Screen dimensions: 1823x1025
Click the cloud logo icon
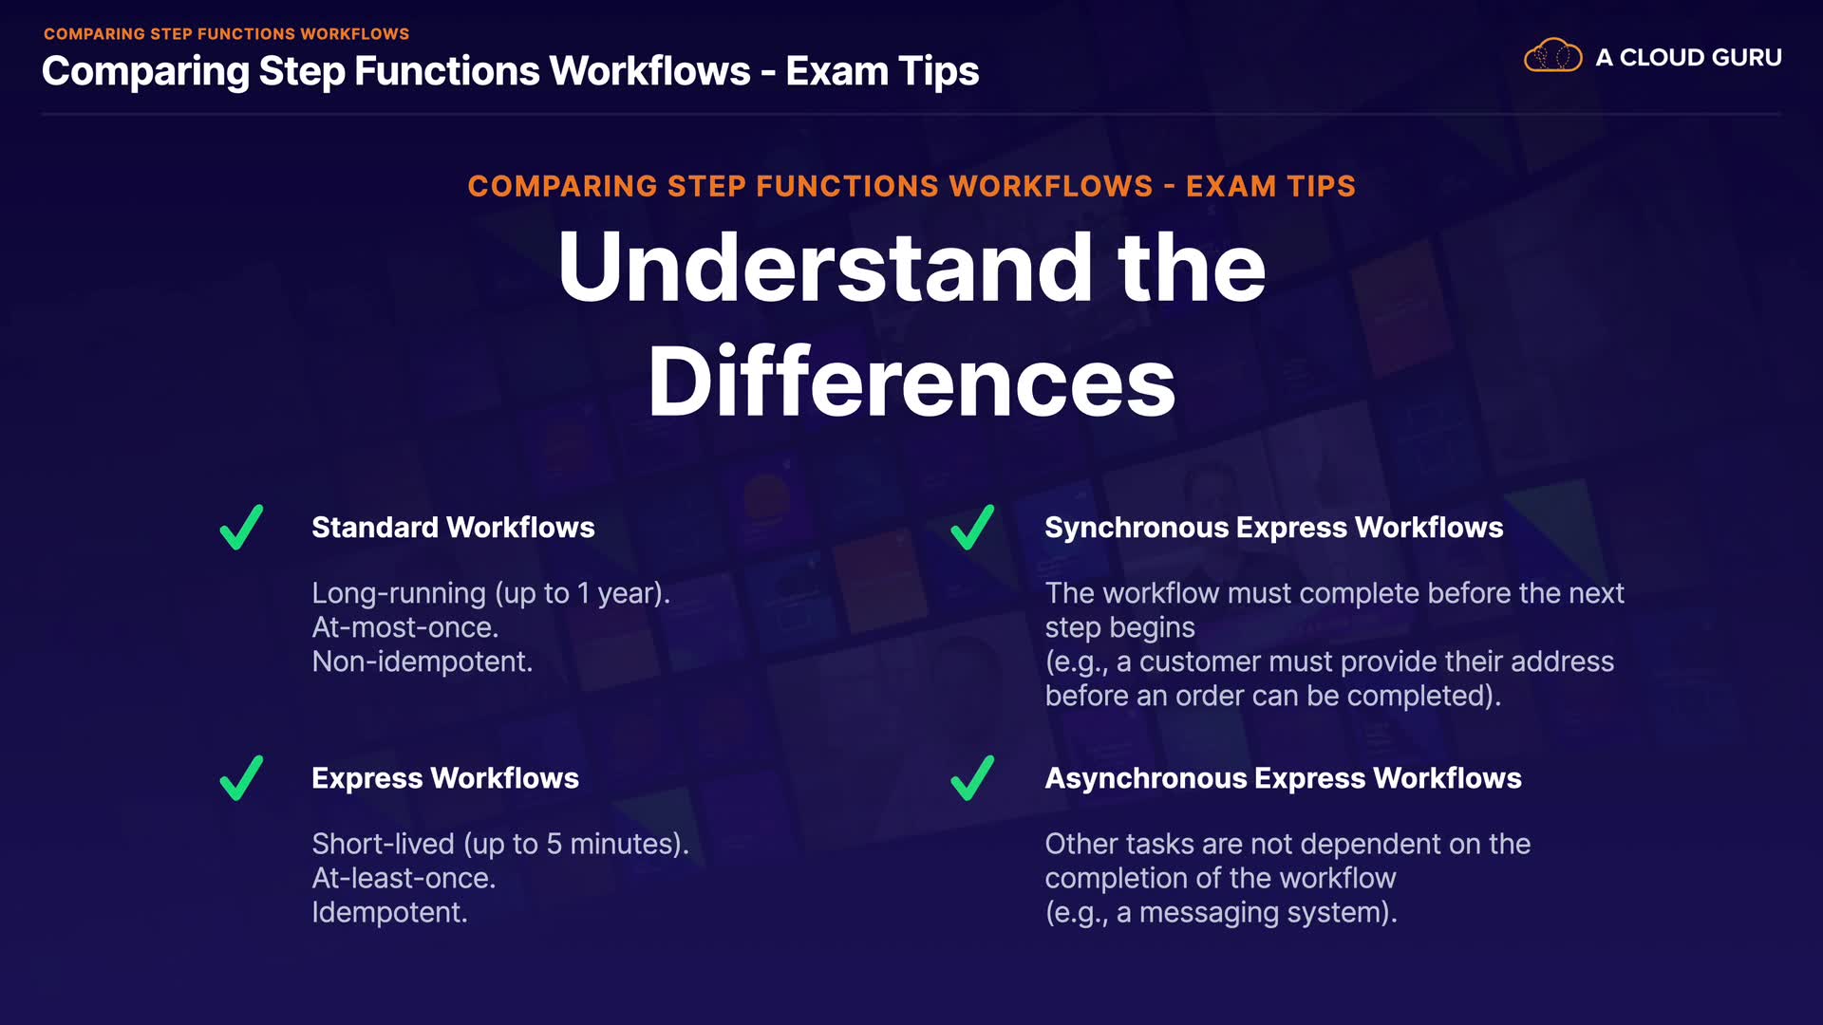coord(1552,56)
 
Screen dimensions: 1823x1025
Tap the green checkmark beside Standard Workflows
coord(241,527)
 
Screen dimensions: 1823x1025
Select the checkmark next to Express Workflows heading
coord(241,778)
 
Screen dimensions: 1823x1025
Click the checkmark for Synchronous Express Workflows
coord(972,527)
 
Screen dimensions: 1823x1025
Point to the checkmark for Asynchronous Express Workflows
coord(972,778)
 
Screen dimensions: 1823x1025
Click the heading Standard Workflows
coord(453,528)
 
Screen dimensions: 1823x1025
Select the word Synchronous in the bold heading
coord(1137,529)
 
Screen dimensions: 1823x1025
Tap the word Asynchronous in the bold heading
coord(1146,779)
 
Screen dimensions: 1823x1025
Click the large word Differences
coord(911,382)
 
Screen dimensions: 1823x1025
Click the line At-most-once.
coord(405,627)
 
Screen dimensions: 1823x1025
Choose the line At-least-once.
coord(404,878)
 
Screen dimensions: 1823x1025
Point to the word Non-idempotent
coord(423,662)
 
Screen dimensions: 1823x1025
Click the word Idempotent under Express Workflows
coord(389,912)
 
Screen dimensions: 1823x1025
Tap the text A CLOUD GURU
coord(1688,57)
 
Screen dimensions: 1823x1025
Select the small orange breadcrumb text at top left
coord(226,34)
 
